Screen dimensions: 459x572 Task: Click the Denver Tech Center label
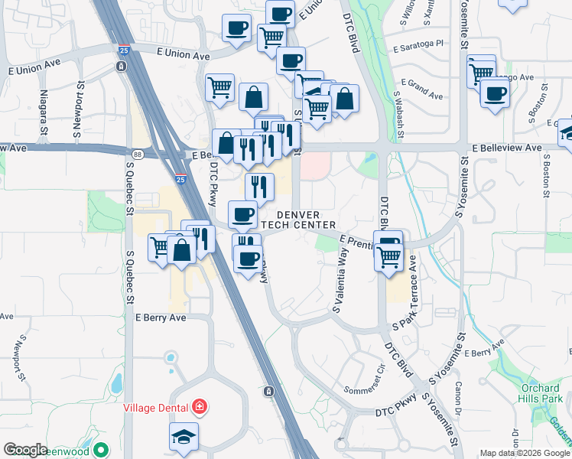(x=298, y=220)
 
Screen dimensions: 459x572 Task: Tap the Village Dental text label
(x=157, y=406)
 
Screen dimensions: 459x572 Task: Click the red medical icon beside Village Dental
(x=200, y=405)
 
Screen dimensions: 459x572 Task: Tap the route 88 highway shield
(x=136, y=155)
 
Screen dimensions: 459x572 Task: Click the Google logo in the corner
(x=25, y=450)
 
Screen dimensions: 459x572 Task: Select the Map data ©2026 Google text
(x=525, y=453)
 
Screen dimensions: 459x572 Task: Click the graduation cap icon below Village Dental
(x=184, y=436)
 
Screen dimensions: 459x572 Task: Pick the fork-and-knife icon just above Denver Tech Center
(x=259, y=186)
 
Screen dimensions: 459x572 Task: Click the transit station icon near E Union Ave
(x=122, y=67)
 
